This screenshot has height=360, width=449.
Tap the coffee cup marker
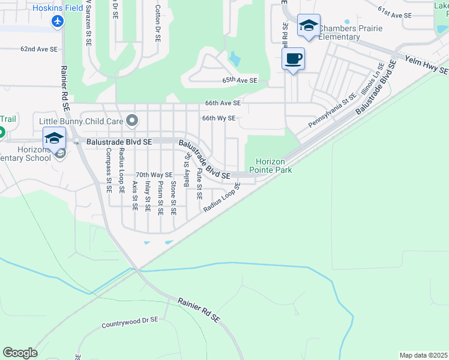293,59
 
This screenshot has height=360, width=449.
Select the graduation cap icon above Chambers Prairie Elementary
309,25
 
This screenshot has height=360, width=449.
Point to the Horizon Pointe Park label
274,166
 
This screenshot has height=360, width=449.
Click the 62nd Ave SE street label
39,49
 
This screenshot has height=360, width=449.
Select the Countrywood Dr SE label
129,323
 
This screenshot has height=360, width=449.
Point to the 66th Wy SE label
218,118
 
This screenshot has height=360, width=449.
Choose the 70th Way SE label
154,175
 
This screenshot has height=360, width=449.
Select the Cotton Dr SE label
157,23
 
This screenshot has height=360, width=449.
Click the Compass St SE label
109,170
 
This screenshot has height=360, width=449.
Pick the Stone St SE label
173,197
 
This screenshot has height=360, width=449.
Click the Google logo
20,353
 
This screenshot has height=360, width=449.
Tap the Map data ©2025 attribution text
424,355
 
